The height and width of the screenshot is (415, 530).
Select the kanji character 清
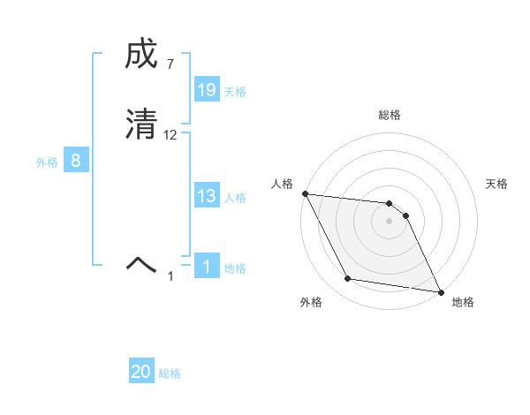pyautogui.click(x=140, y=124)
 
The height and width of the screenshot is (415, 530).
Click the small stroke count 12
pyautogui.click(x=170, y=135)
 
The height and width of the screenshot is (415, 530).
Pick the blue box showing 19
pyautogui.click(x=207, y=90)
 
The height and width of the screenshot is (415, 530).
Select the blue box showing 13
pyautogui.click(x=207, y=197)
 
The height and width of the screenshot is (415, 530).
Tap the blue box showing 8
pyautogui.click(x=76, y=161)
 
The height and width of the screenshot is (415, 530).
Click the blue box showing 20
pyautogui.click(x=141, y=372)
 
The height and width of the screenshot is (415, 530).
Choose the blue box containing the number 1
pyautogui.click(x=207, y=267)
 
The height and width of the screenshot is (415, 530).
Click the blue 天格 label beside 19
pyautogui.click(x=235, y=92)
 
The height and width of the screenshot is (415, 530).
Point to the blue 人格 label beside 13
pyautogui.click(x=235, y=198)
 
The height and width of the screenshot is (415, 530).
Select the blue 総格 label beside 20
pyautogui.click(x=170, y=373)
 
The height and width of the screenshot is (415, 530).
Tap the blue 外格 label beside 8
pyautogui.click(x=47, y=162)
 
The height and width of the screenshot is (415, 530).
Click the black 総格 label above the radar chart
pyautogui.click(x=390, y=115)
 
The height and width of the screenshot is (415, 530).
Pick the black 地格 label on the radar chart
pyautogui.click(x=463, y=303)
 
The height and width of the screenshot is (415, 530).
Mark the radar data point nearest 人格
pyautogui.click(x=305, y=193)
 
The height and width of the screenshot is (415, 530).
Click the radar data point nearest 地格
pyautogui.click(x=440, y=291)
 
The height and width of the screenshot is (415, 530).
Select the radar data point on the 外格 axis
pyautogui.click(x=348, y=279)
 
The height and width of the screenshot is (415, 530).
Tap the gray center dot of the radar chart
pyautogui.click(x=390, y=221)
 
